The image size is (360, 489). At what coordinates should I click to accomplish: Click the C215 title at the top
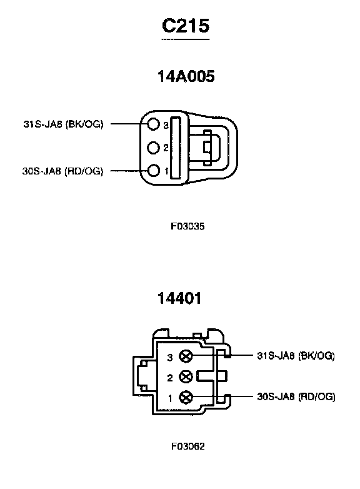click(186, 25)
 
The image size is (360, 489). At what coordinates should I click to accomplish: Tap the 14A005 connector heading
click(186, 76)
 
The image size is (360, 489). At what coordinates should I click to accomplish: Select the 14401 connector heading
click(179, 298)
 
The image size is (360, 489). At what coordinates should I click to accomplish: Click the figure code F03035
click(187, 226)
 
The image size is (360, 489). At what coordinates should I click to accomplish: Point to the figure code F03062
click(188, 446)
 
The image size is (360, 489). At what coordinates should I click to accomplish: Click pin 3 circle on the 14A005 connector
click(153, 124)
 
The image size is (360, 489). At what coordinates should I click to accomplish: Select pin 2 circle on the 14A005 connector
click(153, 148)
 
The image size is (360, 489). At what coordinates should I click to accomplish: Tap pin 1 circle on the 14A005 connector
click(153, 171)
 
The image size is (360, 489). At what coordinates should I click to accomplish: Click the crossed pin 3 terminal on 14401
click(186, 356)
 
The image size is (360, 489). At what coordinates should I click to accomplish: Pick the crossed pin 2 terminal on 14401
click(186, 376)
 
